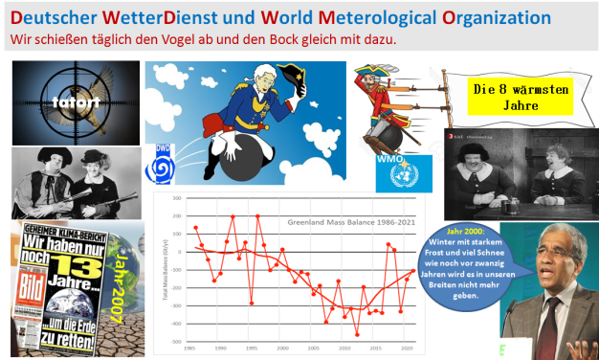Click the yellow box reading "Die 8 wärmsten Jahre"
tap(506, 97)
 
